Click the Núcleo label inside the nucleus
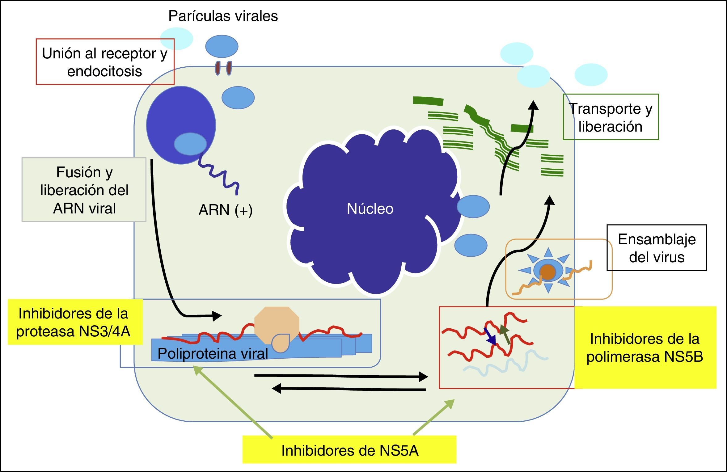tap(370, 209)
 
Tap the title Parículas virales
tap(223, 16)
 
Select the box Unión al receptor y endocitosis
tap(105, 62)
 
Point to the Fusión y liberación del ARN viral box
tap(84, 190)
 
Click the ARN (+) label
tap(225, 210)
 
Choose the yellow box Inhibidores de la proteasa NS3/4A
tap(74, 322)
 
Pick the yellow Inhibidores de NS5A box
tap(349, 450)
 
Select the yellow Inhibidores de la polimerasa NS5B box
tap(645, 348)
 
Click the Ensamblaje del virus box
tap(657, 248)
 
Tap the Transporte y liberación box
tap(611, 117)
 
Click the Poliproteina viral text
tap(213, 353)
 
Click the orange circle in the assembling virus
tap(547, 272)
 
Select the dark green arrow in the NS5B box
tap(505, 334)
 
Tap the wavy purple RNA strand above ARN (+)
tap(219, 173)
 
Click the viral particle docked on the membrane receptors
tap(222, 46)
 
